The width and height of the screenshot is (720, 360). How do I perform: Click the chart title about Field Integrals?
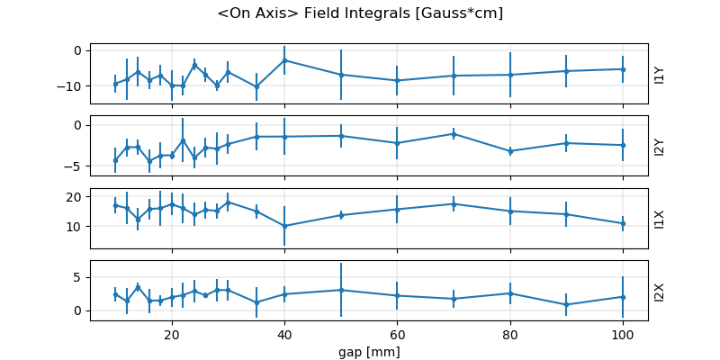tap(360, 13)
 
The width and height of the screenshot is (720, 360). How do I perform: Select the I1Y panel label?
tap(660, 74)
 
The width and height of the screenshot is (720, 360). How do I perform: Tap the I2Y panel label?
tap(660, 146)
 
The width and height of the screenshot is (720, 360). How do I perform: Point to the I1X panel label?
tap(660, 218)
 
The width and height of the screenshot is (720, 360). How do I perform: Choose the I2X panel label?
tap(660, 291)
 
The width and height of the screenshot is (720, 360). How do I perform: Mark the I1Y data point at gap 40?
tap(284, 60)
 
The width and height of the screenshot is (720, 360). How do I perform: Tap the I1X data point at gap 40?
tap(284, 226)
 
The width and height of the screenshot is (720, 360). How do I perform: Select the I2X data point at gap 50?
tap(341, 290)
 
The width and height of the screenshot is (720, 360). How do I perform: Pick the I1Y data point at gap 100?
tap(623, 69)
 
